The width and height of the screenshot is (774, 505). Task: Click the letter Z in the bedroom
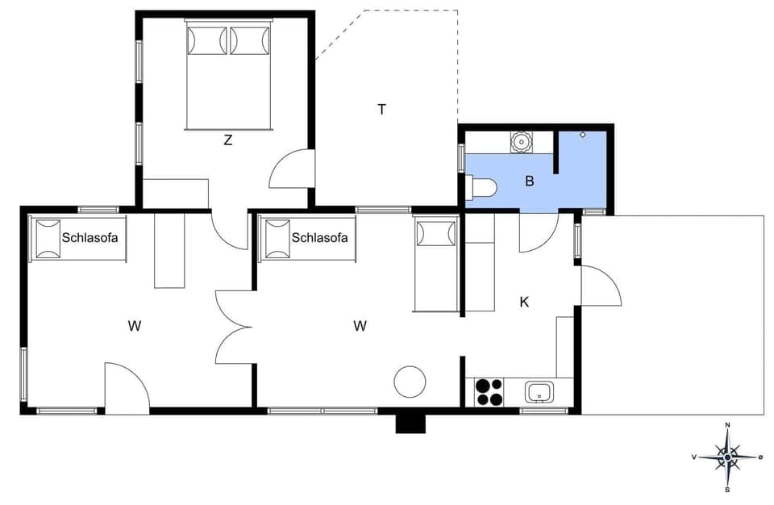(x=228, y=140)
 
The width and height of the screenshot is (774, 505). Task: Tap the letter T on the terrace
(x=381, y=109)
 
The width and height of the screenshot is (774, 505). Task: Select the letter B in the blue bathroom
(x=530, y=181)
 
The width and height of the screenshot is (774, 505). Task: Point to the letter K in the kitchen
(x=524, y=303)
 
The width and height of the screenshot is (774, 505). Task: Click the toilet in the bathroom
(x=481, y=187)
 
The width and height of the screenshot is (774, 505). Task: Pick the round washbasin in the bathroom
(x=522, y=142)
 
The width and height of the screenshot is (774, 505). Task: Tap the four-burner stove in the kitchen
(x=488, y=391)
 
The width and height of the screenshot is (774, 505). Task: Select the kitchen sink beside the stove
(x=539, y=393)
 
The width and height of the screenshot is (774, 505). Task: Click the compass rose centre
(x=727, y=457)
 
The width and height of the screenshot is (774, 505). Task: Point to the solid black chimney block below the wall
(x=410, y=423)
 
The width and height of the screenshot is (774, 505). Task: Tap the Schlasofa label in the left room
(x=87, y=237)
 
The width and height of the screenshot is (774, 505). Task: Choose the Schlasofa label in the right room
(x=319, y=237)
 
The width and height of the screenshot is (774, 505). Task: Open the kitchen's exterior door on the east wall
(x=598, y=286)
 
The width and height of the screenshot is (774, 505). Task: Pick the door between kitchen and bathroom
(x=537, y=232)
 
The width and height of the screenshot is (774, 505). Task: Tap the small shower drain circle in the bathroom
(x=583, y=135)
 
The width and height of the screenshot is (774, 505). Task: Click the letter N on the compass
(x=727, y=425)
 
